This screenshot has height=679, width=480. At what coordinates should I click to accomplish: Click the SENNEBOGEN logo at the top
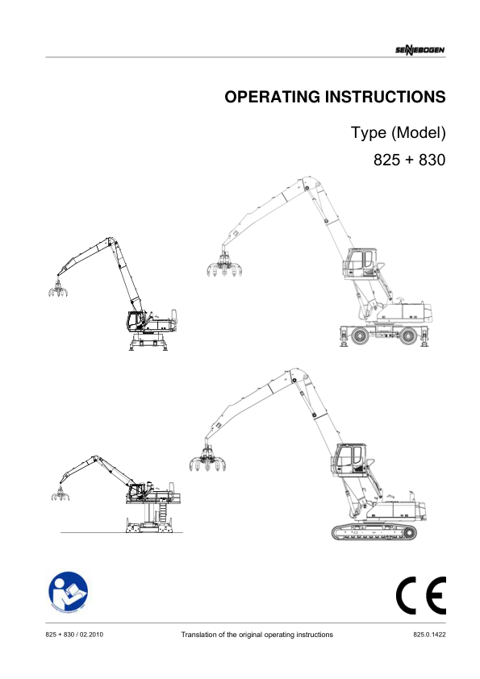click(x=419, y=50)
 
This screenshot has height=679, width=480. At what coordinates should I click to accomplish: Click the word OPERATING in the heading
click(x=272, y=97)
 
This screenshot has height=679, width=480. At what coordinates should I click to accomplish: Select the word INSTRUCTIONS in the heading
click(x=385, y=97)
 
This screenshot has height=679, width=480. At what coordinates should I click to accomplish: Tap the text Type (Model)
click(x=399, y=132)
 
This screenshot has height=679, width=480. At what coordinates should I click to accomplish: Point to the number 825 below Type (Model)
click(x=387, y=160)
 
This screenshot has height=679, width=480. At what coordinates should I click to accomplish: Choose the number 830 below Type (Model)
click(x=432, y=160)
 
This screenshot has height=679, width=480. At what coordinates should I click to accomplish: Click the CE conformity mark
click(x=420, y=595)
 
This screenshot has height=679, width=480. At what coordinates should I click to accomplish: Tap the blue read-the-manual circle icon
click(x=68, y=592)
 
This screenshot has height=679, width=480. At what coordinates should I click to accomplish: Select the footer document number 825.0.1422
click(x=429, y=635)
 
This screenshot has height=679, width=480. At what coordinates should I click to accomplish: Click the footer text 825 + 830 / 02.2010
click(x=74, y=635)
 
